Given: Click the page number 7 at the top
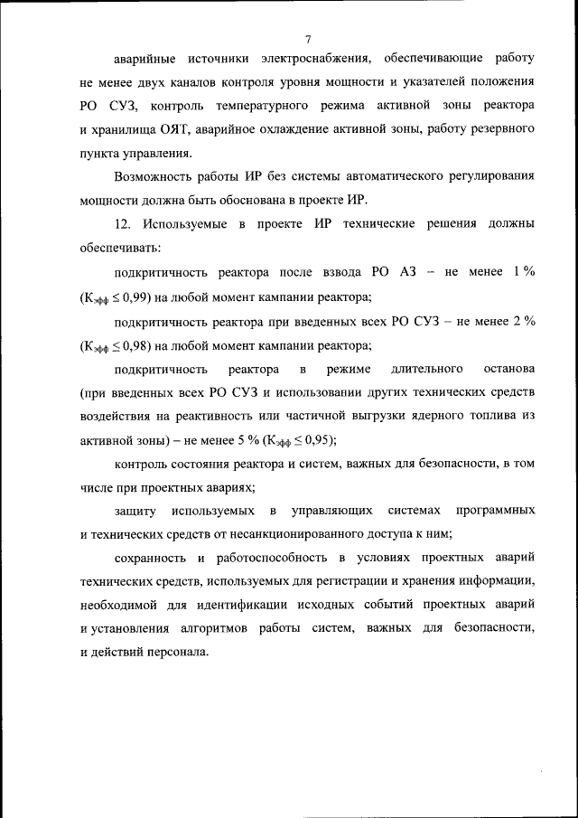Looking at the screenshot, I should tap(308, 39).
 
